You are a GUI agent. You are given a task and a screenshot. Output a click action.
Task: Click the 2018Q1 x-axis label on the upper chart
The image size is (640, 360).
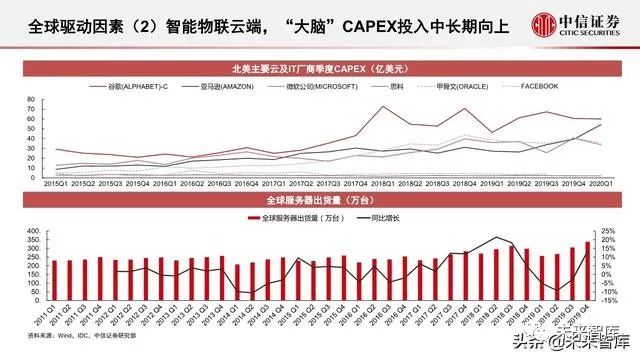pyautogui.click(x=384, y=184)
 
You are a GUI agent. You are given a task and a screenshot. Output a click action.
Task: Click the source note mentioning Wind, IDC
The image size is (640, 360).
pyautogui.click(x=80, y=337)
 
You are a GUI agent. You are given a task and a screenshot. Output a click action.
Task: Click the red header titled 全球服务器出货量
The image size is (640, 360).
pyautogui.click(x=319, y=200)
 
